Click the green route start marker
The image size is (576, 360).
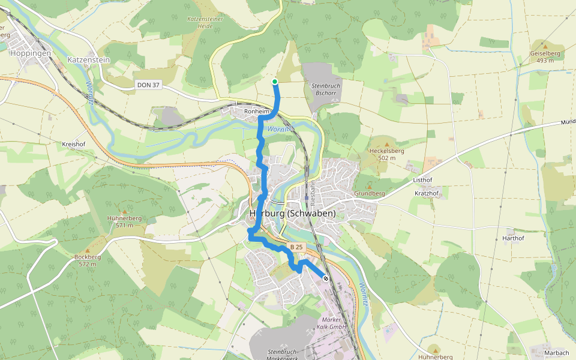pos(275,82)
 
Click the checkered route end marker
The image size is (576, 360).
pos(326,278)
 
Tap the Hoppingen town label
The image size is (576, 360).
pos(30,53)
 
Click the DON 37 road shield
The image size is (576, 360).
pos(148,85)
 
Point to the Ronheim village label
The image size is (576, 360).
pos(256,112)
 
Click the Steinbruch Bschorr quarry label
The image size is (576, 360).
pos(326,90)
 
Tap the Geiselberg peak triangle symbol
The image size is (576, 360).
pos(545,44)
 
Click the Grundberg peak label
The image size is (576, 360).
pos(370,194)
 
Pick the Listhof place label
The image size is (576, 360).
pos(422,180)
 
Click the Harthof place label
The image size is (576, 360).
pos(513,238)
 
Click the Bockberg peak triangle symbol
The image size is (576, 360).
pos(87,250)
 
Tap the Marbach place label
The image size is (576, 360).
pos(556,353)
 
